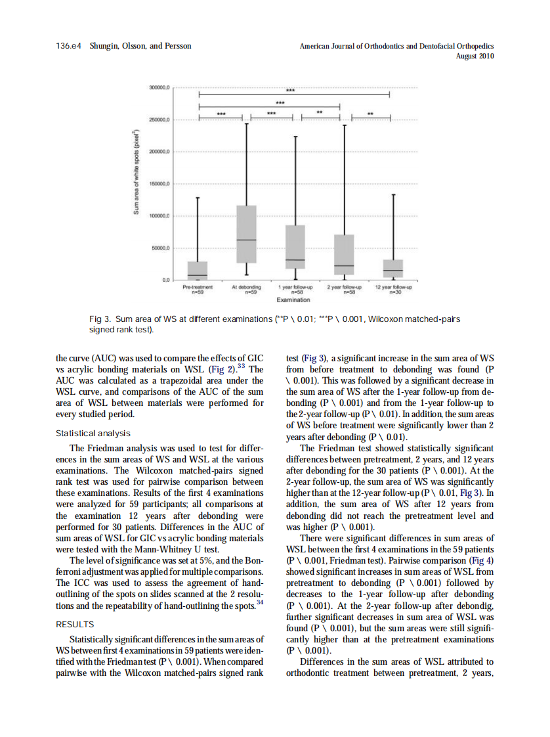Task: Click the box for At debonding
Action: [246, 234]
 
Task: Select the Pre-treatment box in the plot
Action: [198, 271]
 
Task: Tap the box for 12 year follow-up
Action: [393, 269]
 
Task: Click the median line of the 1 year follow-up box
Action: [295, 260]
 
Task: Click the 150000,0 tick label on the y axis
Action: [160, 184]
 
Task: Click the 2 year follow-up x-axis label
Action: [344, 288]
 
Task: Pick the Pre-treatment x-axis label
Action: [197, 288]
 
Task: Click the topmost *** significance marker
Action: [290, 91]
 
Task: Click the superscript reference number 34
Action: [261, 601]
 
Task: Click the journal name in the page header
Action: [396, 47]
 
